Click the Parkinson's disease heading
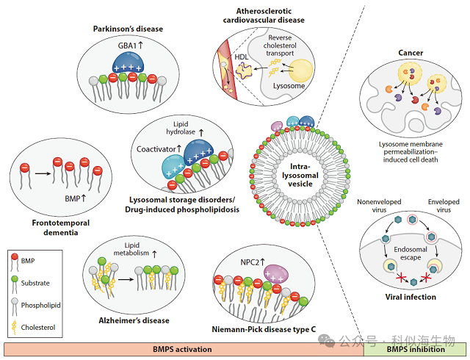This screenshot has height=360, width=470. [x=128, y=29]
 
